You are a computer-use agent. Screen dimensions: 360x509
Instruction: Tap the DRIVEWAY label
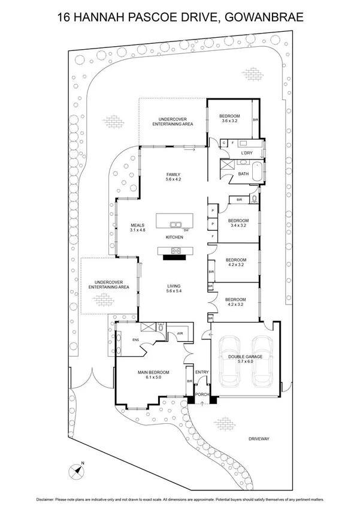[x=260, y=439]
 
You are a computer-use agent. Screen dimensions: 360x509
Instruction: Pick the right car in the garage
[x=262, y=362]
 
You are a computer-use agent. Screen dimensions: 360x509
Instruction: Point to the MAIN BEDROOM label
[x=153, y=372]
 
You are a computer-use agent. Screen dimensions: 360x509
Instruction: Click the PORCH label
[x=202, y=394]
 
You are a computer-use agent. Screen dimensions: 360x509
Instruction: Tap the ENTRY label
[x=202, y=372]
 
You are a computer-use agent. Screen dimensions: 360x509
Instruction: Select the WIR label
[x=179, y=334]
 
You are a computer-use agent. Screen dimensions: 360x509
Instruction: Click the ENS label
[x=136, y=340]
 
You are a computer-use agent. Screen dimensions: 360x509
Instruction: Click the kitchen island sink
[x=176, y=225]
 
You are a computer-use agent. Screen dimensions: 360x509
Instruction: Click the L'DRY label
[x=246, y=153]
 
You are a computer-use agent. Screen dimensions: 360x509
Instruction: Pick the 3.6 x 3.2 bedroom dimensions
[x=229, y=121]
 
